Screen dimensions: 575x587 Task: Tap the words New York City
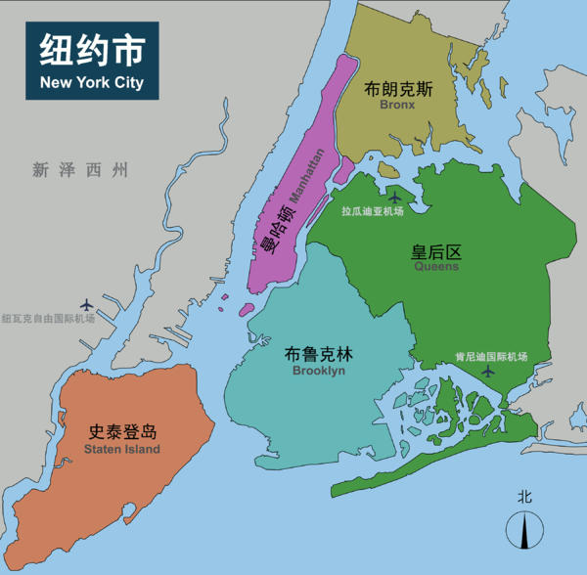(91, 82)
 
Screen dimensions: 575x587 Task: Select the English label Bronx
(397, 104)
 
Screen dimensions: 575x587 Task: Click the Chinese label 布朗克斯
(398, 88)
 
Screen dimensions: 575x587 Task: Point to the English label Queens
(435, 266)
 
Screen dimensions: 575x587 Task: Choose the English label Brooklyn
(318, 371)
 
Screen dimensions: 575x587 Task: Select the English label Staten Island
(122, 449)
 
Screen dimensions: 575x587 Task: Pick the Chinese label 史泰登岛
(122, 432)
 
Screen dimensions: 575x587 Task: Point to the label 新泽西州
(79, 170)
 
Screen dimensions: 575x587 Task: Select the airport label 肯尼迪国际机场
(491, 356)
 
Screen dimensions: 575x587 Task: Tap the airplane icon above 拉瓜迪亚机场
(395, 193)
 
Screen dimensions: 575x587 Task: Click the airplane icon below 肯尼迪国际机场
(488, 372)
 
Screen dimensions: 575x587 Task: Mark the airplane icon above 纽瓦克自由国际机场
(88, 304)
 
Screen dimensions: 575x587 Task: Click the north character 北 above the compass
(525, 497)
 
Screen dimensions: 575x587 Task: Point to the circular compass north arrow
(525, 531)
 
